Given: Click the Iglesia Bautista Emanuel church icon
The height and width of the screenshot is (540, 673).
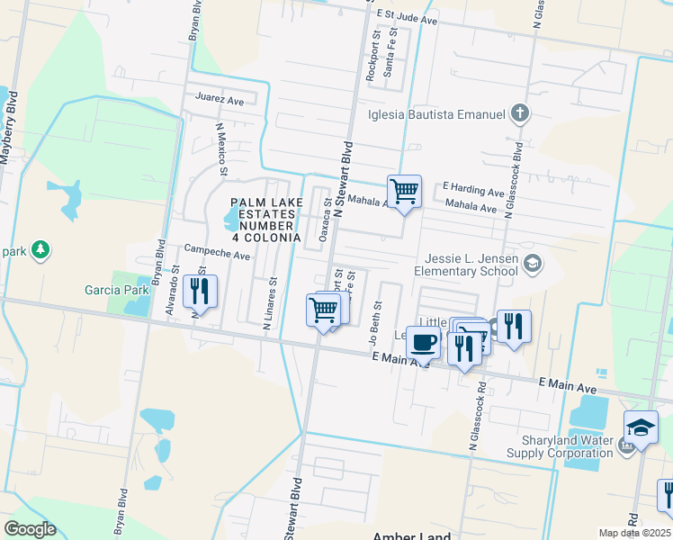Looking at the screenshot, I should coord(519,114).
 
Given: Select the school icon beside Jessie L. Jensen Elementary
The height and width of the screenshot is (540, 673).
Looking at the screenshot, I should coord(532,263).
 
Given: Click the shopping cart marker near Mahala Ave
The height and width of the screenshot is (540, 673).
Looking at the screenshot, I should coord(405,192).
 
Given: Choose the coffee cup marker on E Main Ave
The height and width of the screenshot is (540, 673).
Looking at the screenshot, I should coord(424,343).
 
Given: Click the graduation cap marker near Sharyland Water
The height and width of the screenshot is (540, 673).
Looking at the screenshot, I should coord(641,427).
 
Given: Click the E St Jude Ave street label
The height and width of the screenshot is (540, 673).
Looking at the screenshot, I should coord(407,16).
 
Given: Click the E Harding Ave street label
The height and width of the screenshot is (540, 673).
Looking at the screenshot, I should coord(473,192).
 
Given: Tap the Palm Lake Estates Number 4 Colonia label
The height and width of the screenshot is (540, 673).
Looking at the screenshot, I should coord(265,220).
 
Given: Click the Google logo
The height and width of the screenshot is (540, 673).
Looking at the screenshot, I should coord(30,529).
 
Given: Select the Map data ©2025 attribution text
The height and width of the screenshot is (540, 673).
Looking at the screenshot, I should coord(634,533).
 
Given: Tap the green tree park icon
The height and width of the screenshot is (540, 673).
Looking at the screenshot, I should coord(40,247).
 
